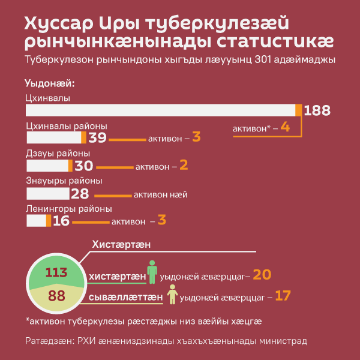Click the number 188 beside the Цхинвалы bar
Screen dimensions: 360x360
point(317,110)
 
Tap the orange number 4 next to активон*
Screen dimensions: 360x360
point(285,128)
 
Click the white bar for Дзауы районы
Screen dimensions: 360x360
point(47,165)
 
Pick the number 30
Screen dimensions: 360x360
point(83,165)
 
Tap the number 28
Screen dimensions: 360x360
point(80,193)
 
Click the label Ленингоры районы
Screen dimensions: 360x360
point(69,209)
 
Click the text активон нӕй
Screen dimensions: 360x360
point(161,194)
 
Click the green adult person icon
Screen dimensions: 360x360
point(152,272)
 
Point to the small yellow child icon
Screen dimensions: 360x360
point(172,294)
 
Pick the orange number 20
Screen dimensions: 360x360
point(262,275)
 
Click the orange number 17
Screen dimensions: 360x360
point(283,296)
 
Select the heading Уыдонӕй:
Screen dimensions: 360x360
point(49,82)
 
